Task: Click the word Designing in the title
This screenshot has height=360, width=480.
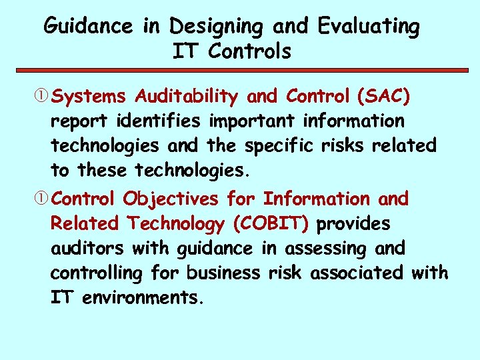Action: coord(217,27)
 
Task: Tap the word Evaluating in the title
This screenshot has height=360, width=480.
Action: coord(369,27)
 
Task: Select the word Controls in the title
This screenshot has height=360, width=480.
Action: coord(249,51)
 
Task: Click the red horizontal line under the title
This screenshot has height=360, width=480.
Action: coord(239,69)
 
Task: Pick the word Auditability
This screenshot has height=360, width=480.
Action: coord(186,97)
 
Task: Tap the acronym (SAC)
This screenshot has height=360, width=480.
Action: coord(384,97)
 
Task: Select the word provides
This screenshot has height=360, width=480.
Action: coord(353,224)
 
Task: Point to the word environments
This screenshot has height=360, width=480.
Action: coord(141,298)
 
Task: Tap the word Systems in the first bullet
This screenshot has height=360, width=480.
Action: coord(89,97)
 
